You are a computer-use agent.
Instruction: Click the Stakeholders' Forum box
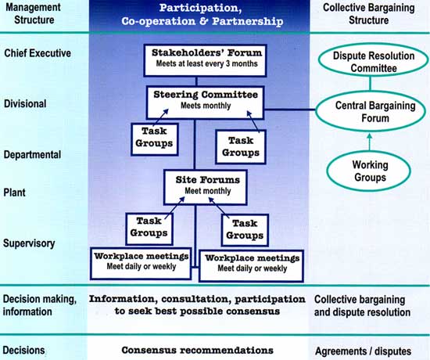[205, 60]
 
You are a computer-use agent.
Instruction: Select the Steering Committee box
[206, 103]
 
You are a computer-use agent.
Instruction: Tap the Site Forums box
[206, 187]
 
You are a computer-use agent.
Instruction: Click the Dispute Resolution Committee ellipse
[373, 62]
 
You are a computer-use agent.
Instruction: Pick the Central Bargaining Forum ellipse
[371, 111]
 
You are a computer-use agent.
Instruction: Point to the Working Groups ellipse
[369, 171]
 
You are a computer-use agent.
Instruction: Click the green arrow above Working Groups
[369, 142]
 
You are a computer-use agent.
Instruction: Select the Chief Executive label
[38, 53]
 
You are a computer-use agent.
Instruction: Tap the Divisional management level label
[25, 104]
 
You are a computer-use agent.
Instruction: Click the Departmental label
[32, 155]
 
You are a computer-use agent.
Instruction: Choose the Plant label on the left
[14, 193]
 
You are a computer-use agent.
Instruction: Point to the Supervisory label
[29, 243]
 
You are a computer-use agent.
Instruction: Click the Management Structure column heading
[33, 13]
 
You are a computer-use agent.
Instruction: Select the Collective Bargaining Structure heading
[368, 14]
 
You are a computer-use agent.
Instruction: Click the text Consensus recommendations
[198, 350]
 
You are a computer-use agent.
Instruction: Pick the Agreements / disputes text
[363, 351]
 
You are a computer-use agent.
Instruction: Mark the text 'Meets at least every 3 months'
[206, 63]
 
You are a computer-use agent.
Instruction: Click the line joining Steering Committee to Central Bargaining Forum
[289, 110]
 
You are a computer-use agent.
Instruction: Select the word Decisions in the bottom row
[24, 351]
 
